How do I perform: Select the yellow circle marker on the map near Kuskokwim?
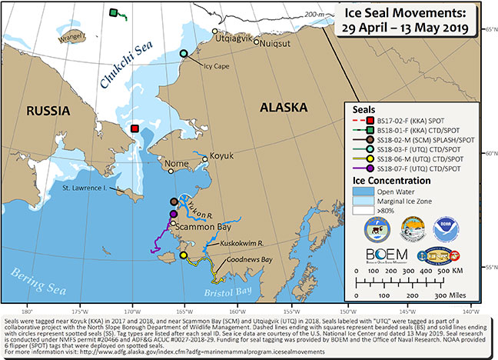183,255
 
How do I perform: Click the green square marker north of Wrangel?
113,13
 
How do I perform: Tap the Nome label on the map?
176,164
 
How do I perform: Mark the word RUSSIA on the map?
44,112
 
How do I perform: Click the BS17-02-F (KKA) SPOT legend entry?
414,121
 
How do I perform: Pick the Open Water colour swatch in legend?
359,192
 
